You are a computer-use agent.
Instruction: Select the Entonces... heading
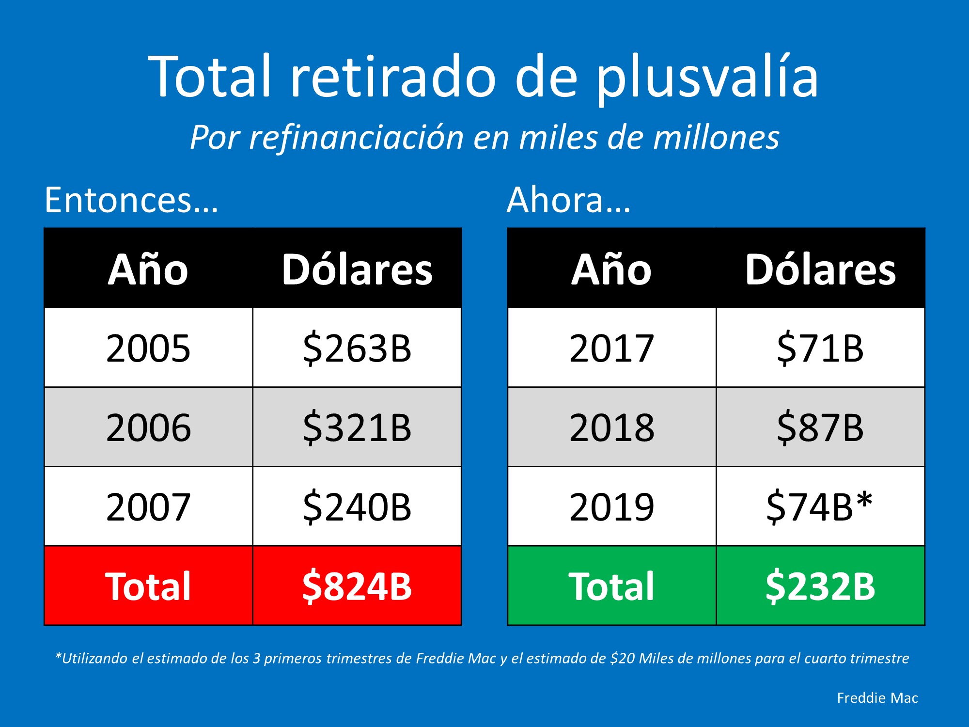point(131,200)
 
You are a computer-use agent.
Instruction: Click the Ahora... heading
point(569,200)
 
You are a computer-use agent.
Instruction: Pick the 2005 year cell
point(148,348)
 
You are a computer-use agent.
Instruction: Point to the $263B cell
point(357,348)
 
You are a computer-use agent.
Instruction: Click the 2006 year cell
point(148,427)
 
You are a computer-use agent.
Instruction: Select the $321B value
point(357,427)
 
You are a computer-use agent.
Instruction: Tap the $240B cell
point(357,507)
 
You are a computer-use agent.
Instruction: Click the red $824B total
point(357,586)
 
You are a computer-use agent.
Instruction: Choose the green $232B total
point(820,586)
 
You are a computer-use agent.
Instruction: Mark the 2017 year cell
point(611,348)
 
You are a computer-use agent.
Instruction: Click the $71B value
point(820,348)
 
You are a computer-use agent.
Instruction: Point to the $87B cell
point(820,427)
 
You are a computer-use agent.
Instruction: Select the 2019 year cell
point(611,507)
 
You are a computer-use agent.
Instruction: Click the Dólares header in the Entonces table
point(357,269)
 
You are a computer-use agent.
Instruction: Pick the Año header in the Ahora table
point(611,269)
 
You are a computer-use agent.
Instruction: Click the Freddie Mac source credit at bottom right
point(877,698)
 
